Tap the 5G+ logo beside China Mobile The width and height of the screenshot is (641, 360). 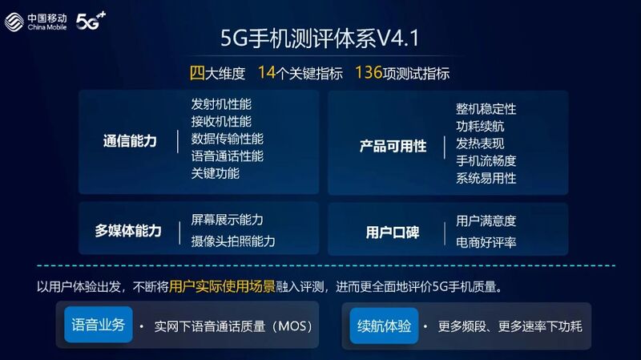(91, 18)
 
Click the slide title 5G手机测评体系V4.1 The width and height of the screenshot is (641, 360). (320, 38)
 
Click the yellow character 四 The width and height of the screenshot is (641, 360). (197, 73)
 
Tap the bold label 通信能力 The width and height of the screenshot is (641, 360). (130, 141)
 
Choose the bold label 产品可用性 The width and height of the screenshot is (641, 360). (393, 146)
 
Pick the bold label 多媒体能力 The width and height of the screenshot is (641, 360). (128, 231)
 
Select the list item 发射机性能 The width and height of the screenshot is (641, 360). (221, 104)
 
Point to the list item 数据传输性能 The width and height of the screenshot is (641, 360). (228, 139)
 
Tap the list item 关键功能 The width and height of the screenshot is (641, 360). (215, 172)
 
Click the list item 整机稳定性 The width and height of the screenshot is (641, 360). (486, 108)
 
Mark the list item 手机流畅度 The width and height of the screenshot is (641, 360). (486, 160)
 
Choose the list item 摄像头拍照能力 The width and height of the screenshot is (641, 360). (233, 241)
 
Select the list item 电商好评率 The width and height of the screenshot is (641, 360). (486, 241)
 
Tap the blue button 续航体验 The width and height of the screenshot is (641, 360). (384, 325)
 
